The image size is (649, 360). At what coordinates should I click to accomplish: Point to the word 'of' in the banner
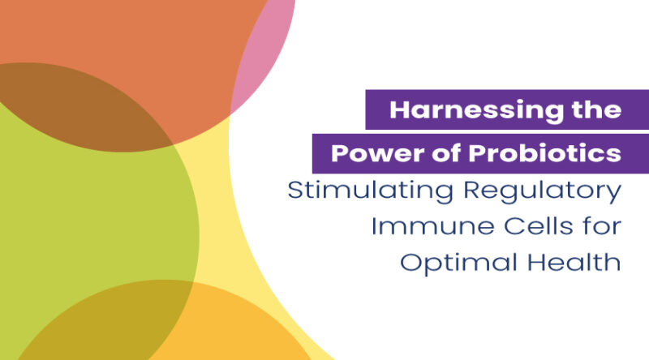[x=430, y=153]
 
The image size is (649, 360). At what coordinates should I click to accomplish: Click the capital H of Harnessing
[x=399, y=109]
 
